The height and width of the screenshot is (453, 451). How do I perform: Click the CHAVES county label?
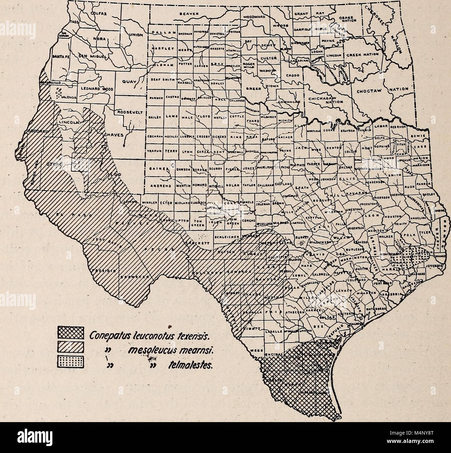click(113, 135)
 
